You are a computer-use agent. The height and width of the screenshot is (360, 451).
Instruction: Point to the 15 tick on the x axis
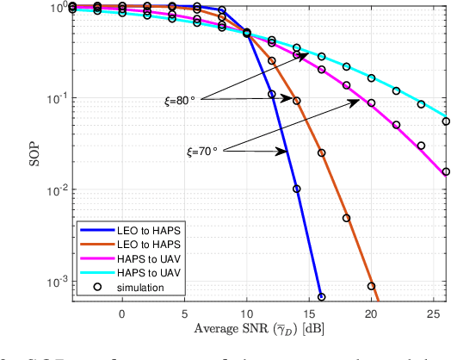click(309, 313)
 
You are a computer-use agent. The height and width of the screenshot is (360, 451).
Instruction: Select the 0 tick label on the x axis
click(121, 313)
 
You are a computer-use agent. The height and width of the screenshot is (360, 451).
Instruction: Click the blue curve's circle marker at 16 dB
click(322, 297)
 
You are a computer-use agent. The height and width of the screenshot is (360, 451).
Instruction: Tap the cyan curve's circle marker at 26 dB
click(446, 121)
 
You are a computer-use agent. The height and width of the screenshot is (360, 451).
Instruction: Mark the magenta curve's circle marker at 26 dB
click(446, 172)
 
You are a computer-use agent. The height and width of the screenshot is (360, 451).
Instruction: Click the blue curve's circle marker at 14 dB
click(296, 189)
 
